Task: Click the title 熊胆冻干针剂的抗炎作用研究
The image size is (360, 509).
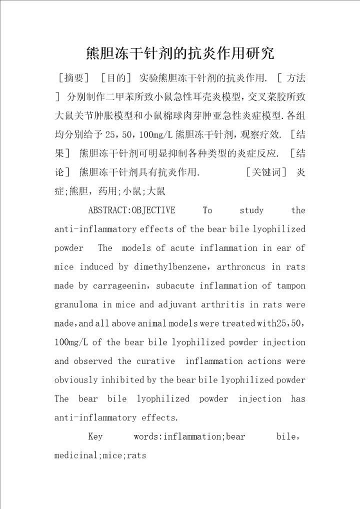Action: pyautogui.click(x=179, y=52)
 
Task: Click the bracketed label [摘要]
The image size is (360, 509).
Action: pyautogui.click(x=73, y=77)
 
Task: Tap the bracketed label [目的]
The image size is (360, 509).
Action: pyautogui.click(x=115, y=77)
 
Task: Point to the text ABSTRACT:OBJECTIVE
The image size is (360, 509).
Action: pyautogui.click(x=131, y=210)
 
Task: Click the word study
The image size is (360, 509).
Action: pyautogui.click(x=251, y=210)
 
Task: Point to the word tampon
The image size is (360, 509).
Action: pyautogui.click(x=290, y=286)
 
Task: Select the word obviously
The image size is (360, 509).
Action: pyautogui.click(x=76, y=380)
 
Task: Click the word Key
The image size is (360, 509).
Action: pyautogui.click(x=95, y=437)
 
